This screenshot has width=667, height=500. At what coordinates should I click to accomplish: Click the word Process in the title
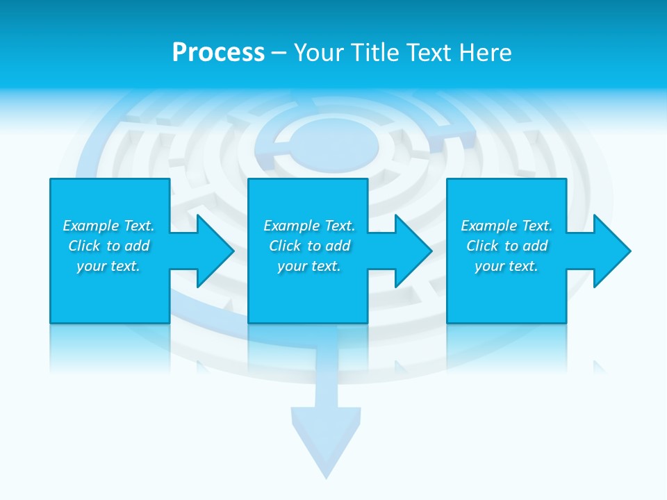(218, 53)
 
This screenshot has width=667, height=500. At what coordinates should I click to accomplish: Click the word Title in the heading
(374, 53)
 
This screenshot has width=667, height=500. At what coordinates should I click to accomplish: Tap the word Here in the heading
(485, 53)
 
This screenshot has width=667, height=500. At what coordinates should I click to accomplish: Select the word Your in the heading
(320, 53)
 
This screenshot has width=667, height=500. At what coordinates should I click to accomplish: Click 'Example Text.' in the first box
(108, 226)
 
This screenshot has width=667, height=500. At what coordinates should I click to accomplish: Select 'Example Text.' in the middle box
(309, 226)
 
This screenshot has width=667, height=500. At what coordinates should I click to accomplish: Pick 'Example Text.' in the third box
(507, 226)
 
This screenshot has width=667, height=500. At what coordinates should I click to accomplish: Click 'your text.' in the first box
(108, 266)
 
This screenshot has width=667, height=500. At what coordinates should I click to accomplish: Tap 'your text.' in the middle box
(309, 266)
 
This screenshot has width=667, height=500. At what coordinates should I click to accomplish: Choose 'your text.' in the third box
(507, 266)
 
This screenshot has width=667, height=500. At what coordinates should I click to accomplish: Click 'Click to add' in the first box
(108, 246)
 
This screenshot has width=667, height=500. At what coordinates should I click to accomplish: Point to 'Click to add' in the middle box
(309, 246)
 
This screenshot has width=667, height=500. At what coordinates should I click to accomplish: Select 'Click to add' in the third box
(507, 246)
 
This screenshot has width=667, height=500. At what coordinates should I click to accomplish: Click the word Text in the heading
(429, 53)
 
